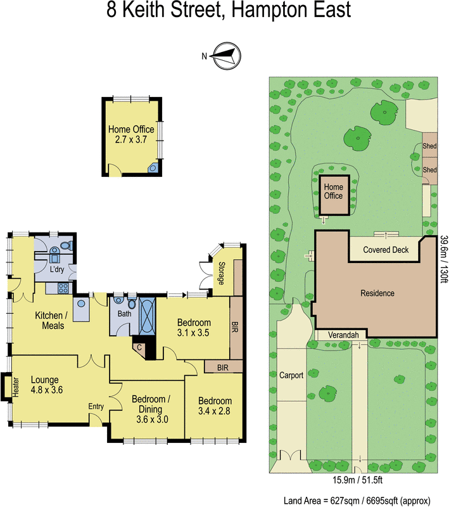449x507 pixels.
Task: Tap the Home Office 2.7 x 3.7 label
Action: [131, 134]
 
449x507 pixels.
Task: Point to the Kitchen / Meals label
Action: [53, 320]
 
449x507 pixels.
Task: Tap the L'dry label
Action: [58, 268]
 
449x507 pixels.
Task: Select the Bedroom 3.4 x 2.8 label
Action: [215, 406]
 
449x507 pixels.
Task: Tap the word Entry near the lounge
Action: [96, 407]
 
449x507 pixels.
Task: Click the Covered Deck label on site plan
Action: [386, 250]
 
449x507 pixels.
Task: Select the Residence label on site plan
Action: [377, 293]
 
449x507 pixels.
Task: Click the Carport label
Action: [291, 375]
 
